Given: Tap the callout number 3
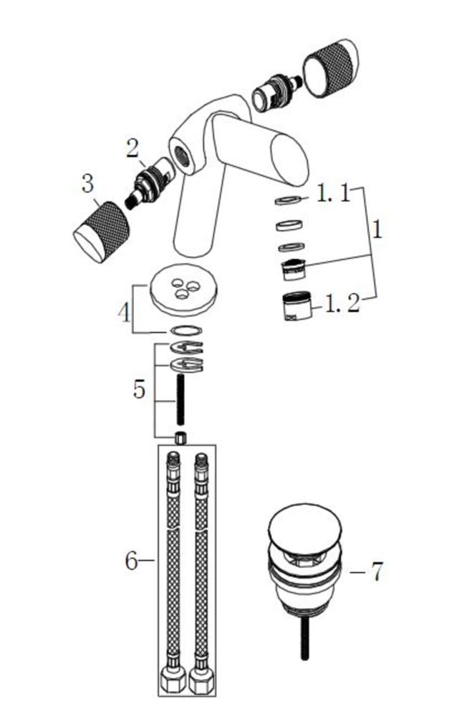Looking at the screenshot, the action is pos(87,183).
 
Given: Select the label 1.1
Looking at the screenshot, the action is pos(333,194).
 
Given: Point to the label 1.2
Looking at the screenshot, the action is pos(342,303).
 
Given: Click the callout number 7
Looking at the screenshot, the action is pos(376,572).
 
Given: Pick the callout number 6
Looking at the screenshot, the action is pos(131,560).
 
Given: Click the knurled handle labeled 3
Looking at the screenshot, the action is pos(102,231).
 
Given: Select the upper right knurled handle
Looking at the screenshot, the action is pos(332,67).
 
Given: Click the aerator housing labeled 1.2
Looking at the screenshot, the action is pos(297,306).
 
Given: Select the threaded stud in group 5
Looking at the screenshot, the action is pos(181,399).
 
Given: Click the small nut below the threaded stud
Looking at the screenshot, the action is pos(181,438).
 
